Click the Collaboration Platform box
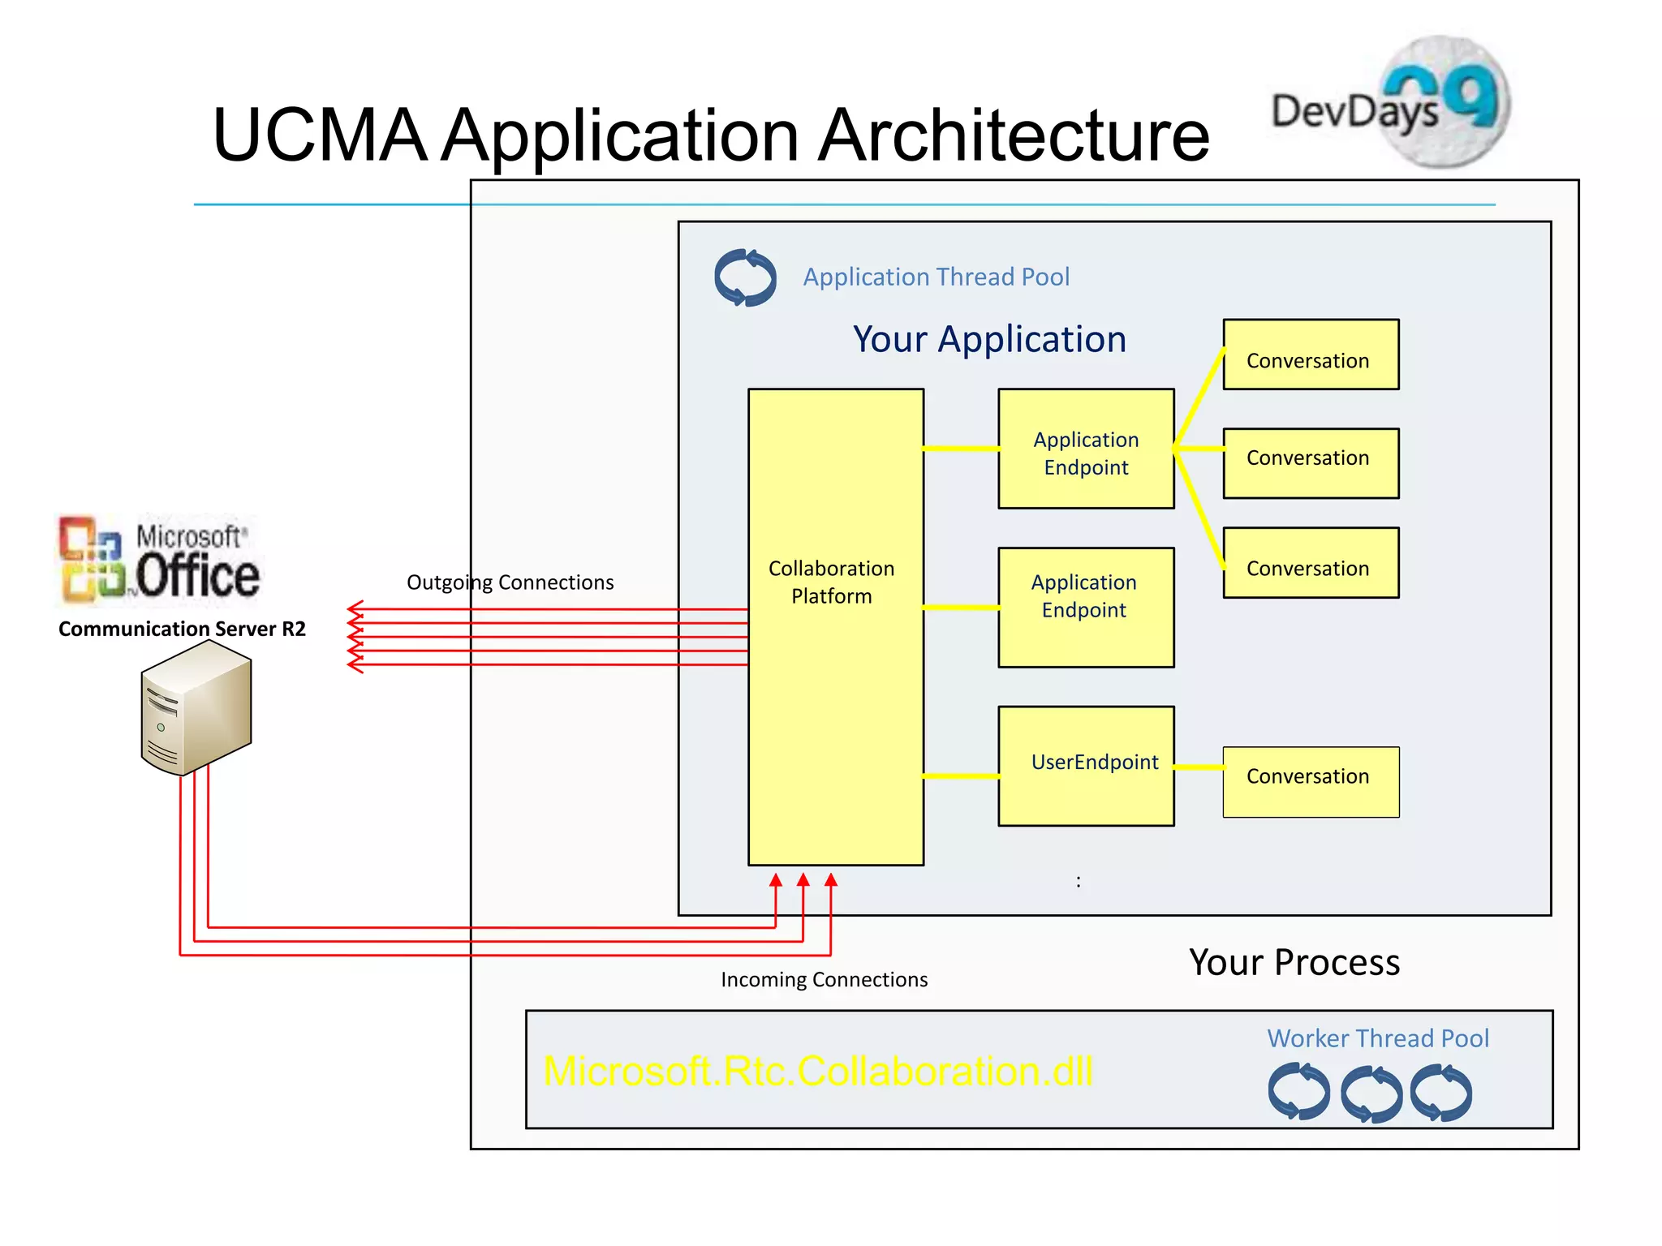[x=835, y=626]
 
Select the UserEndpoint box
[x=1086, y=766]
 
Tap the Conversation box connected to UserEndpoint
[x=1311, y=781]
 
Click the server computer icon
[x=196, y=707]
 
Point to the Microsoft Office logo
[x=159, y=560]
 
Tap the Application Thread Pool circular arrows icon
[x=745, y=277]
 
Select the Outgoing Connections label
[x=510, y=582]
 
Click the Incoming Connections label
[x=824, y=980]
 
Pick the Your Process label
[x=1294, y=963]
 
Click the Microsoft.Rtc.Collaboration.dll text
[x=818, y=1071]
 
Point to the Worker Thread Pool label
[x=1378, y=1038]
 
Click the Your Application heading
[x=989, y=339]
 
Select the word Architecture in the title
[x=1014, y=135]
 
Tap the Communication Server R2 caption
[x=182, y=629]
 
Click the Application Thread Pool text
[x=936, y=277]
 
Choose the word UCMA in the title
[x=320, y=135]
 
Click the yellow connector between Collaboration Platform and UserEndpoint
[x=961, y=776]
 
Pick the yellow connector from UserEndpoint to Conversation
[x=1199, y=767]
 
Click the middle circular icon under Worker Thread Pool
[x=1371, y=1093]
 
